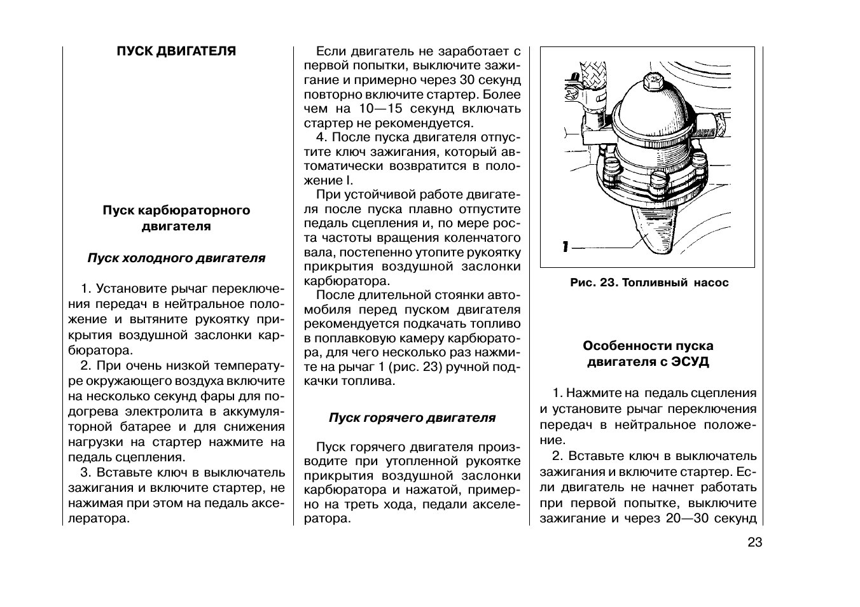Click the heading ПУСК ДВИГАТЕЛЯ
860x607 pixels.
[176, 52]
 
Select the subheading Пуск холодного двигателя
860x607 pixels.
[176, 258]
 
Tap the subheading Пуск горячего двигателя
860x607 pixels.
[412, 418]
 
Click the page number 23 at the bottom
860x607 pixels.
[754, 542]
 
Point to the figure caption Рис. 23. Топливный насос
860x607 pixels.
[649, 283]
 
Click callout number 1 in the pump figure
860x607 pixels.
[565, 247]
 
